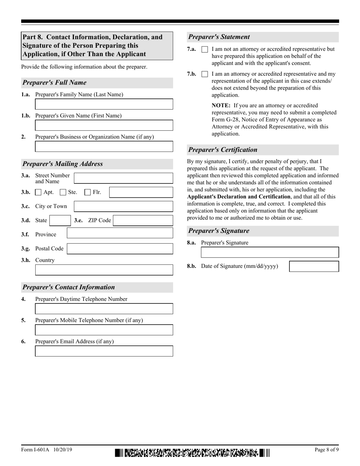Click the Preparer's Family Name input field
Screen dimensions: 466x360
click(x=104, y=104)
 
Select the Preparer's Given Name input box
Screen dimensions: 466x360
click(x=104, y=125)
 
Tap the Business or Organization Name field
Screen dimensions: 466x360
click(x=104, y=147)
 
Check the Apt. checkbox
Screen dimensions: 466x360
click(x=38, y=192)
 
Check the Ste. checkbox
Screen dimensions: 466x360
click(x=63, y=192)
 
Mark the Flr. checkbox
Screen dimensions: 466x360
click(x=88, y=192)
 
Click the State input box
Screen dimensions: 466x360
click(x=60, y=220)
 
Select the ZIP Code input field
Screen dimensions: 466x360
click(x=143, y=220)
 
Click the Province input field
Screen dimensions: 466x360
click(x=120, y=233)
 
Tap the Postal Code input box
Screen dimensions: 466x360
click(x=120, y=249)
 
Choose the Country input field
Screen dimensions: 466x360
click(x=104, y=270)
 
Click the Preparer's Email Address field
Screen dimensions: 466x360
click(x=104, y=351)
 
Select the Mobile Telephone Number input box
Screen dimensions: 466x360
click(x=104, y=330)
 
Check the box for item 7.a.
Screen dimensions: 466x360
click(x=205, y=49)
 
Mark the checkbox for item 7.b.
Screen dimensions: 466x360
click(x=205, y=74)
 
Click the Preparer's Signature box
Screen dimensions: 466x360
click(x=270, y=253)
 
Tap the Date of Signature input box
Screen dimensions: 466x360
click(x=314, y=266)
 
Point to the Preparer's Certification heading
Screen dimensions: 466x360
click(x=223, y=150)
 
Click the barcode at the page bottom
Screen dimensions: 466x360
click(x=193, y=453)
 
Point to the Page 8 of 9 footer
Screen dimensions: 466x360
click(x=327, y=450)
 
